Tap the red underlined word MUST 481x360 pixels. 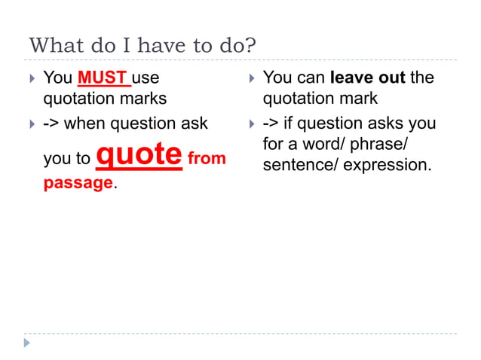[x=102, y=78]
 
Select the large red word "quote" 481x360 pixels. [x=140, y=154]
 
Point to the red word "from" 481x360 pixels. [x=207, y=159]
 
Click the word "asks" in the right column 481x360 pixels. [x=384, y=123]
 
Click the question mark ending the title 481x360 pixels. [x=250, y=46]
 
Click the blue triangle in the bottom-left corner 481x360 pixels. [x=28, y=343]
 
